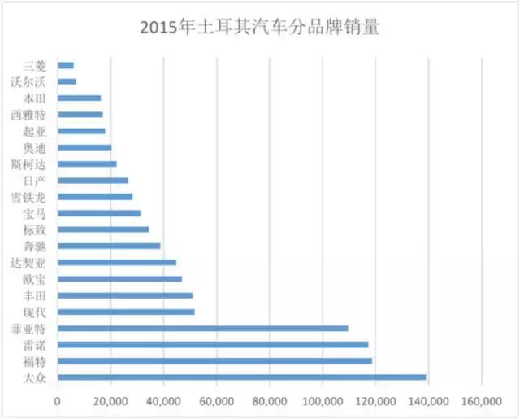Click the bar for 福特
click(214, 361)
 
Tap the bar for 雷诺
click(213, 345)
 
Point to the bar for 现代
click(126, 312)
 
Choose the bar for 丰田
click(125, 295)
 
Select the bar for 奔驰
click(109, 246)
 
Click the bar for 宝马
click(99, 213)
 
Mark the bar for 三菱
click(66, 65)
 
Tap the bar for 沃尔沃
click(67, 81)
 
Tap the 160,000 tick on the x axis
click(482, 401)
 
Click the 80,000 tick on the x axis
click(270, 401)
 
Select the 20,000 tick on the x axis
click(110, 401)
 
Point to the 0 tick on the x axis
click(58, 401)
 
